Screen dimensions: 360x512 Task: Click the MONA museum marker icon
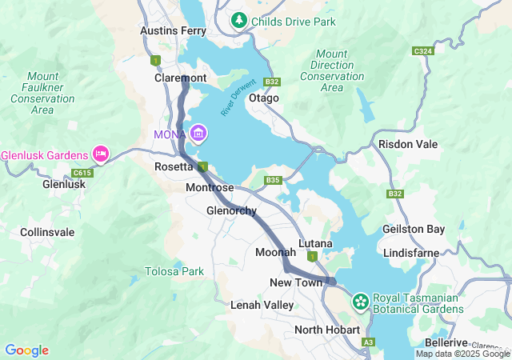198,133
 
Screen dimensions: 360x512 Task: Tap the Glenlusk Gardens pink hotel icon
101,153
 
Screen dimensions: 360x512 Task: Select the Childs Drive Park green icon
238,21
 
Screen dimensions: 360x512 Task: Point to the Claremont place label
180,78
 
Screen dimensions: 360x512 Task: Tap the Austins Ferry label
169,30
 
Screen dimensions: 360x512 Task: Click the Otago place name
264,98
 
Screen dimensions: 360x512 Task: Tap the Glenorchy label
231,211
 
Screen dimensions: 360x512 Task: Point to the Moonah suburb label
275,252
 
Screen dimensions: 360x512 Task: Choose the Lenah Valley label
257,305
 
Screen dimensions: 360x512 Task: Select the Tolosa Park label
174,271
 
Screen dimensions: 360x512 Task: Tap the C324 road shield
422,51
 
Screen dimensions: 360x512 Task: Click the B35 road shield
274,180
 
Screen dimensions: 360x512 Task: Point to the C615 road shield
82,173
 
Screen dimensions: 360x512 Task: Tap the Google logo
26,350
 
